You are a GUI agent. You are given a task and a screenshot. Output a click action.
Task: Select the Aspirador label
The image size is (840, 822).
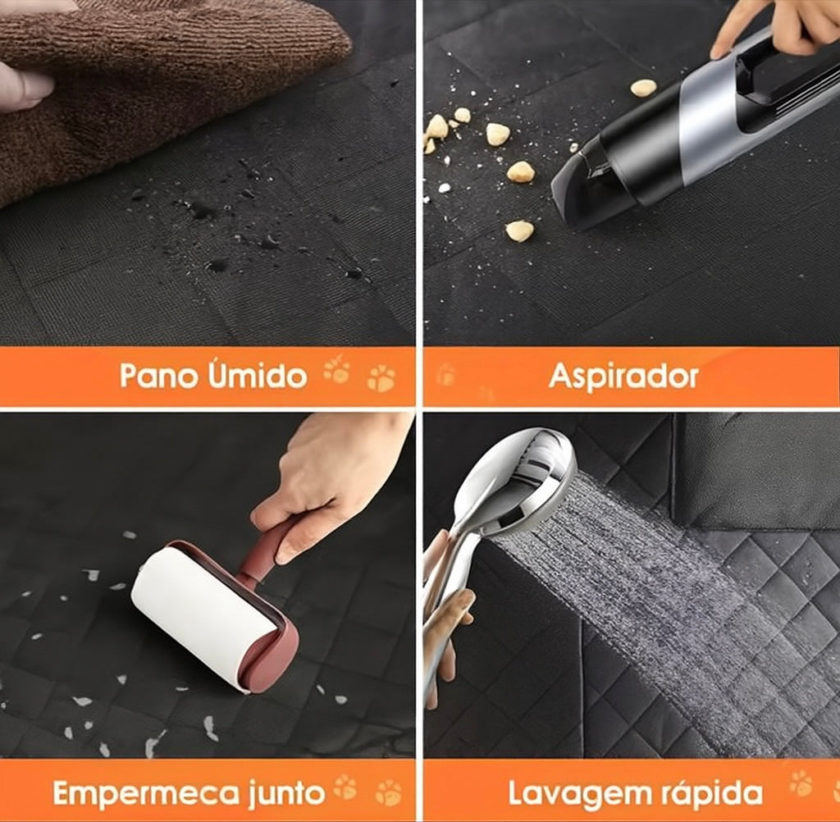point(623,377)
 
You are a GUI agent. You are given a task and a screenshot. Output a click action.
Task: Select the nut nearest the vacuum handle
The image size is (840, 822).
point(643,87)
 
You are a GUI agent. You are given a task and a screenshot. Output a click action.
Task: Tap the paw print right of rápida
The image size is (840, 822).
point(801,784)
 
